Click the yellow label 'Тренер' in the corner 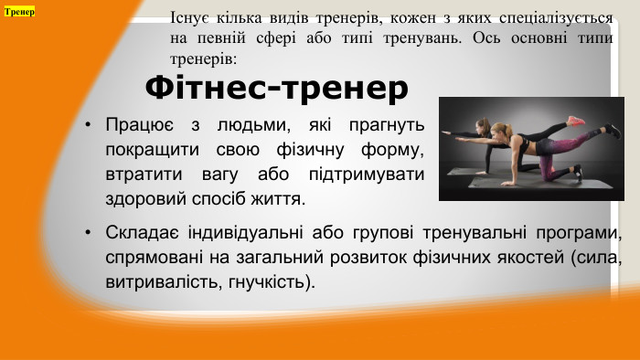tap(19, 12)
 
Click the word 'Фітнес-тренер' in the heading tap(276, 88)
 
